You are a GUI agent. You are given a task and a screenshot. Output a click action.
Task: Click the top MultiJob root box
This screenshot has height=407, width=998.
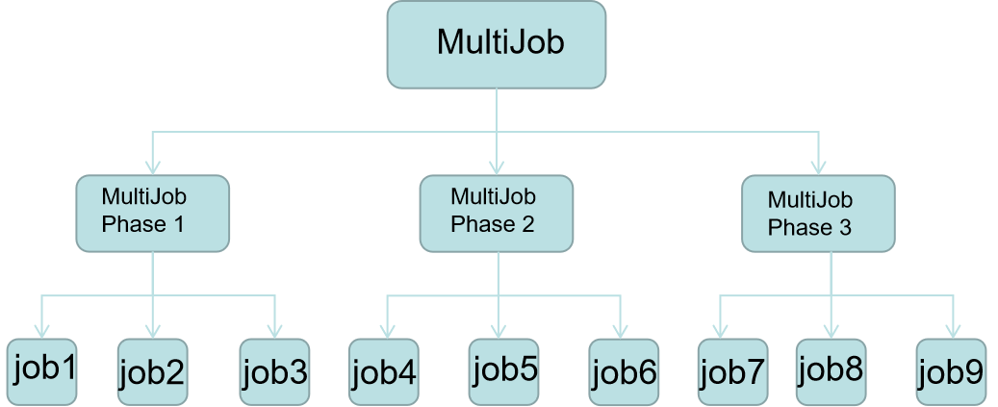[496, 43]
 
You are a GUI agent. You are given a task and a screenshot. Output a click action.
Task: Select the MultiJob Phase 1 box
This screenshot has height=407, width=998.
[152, 213]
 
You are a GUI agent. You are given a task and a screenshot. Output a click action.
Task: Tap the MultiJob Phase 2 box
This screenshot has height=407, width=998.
[497, 213]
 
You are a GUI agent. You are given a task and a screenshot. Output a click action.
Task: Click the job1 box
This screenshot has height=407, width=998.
[42, 370]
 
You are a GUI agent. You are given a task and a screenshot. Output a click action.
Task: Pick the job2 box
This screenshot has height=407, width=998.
[153, 371]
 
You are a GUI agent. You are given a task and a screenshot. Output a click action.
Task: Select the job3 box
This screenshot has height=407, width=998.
[274, 371]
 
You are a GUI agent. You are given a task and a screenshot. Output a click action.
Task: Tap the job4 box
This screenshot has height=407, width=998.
[384, 371]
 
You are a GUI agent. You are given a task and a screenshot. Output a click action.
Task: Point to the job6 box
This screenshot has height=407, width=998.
[624, 371]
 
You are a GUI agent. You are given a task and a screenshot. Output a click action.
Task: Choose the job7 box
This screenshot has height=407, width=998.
[732, 371]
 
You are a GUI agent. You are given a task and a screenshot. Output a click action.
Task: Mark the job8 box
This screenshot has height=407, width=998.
[831, 370]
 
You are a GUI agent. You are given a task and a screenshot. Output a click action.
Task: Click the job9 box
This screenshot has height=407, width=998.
[951, 371]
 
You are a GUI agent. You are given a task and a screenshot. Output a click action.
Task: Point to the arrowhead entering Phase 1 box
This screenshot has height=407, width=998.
[152, 167]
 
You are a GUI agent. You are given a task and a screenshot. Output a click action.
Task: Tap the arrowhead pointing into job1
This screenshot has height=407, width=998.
[42, 332]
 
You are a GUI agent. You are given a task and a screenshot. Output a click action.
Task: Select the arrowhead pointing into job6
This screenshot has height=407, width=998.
[622, 332]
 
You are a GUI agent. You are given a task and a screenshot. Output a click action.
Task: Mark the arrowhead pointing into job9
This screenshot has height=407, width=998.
[953, 332]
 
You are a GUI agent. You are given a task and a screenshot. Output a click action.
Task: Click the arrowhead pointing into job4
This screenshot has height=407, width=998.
[387, 332]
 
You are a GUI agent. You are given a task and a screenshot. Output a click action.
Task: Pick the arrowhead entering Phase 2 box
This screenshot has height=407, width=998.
[497, 167]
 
